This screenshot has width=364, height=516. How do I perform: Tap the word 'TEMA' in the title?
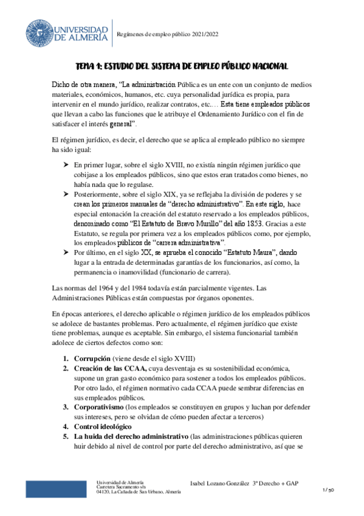point(86,66)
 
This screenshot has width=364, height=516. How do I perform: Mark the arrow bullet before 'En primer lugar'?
point(66,165)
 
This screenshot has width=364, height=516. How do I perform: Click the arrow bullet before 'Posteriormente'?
point(66,194)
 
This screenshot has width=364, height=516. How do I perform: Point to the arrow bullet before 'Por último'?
point(66,252)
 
